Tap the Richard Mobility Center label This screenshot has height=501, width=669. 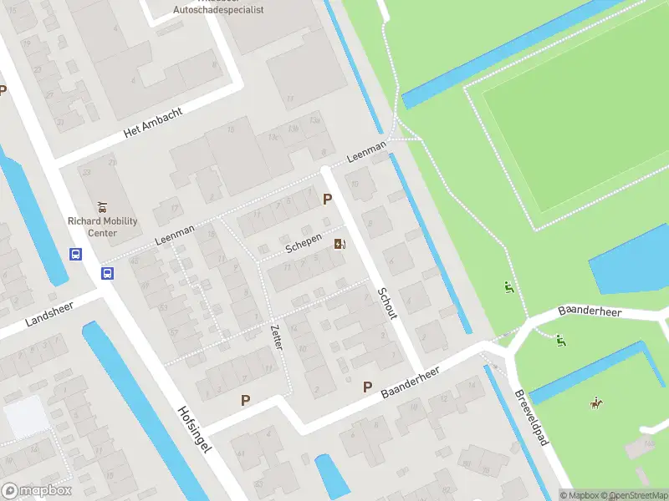tap(103, 227)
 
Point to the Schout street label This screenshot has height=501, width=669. tap(387, 304)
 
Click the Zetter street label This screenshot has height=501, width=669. tap(276, 337)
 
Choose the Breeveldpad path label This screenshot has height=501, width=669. tap(531, 417)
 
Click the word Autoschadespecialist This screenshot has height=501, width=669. tap(218, 10)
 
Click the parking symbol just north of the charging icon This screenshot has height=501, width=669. tap(328, 199)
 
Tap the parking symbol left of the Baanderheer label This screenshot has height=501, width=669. tap(367, 387)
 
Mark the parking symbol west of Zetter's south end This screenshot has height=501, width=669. tap(245, 400)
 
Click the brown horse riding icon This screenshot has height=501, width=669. tap(595, 403)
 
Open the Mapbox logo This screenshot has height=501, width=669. tap(36, 491)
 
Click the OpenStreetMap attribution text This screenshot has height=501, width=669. tap(636, 495)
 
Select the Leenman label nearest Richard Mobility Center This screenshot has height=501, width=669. tap(175, 235)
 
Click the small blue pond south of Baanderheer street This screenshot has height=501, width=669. tap(332, 475)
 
